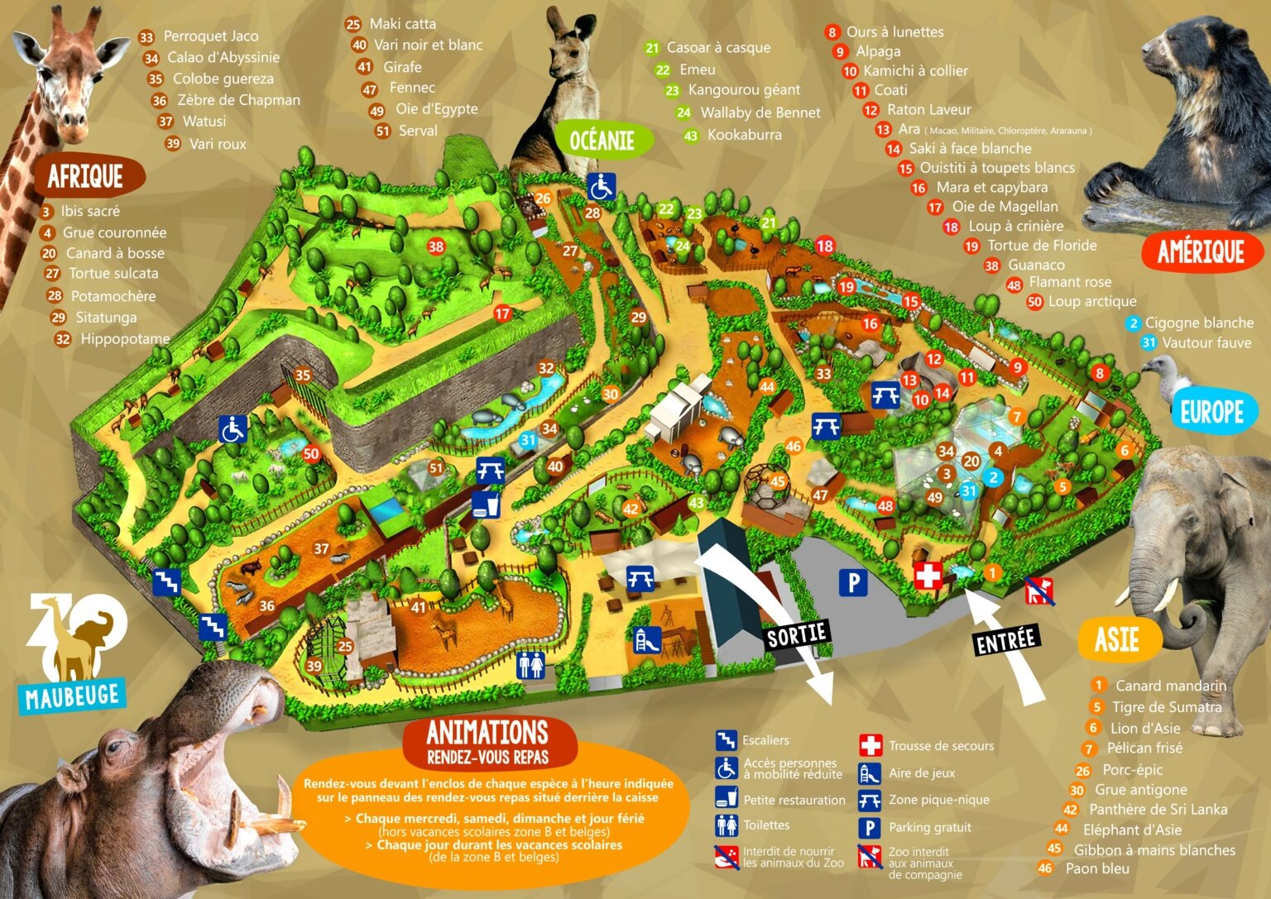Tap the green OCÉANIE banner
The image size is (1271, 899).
[x=602, y=140]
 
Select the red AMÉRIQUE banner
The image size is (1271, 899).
[x=1201, y=251]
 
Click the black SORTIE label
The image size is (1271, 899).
[x=797, y=635]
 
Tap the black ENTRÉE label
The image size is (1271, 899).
[x=1006, y=639]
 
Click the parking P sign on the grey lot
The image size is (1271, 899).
[x=853, y=583]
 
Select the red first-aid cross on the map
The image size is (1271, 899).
[x=928, y=576]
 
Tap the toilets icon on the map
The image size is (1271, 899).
[x=531, y=664]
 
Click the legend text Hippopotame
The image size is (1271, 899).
[x=124, y=339]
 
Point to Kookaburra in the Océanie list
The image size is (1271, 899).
[x=744, y=135]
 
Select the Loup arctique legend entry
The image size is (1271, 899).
[x=1091, y=302]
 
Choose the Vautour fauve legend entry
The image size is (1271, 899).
[x=1206, y=342]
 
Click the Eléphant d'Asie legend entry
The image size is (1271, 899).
[x=1131, y=830]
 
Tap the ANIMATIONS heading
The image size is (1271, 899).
[x=487, y=733]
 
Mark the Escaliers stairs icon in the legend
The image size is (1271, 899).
[x=727, y=740]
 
